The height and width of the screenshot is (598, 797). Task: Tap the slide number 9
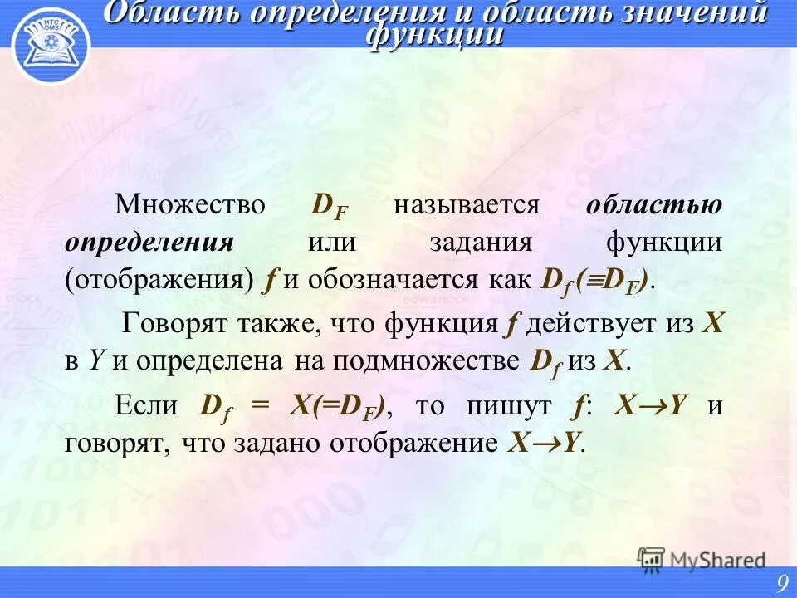coord(781,585)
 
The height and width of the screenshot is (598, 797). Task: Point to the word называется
coord(467,205)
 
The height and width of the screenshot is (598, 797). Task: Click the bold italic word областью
coord(654,205)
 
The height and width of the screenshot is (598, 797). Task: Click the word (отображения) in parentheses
coord(159,279)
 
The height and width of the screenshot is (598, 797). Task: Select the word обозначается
coord(379,279)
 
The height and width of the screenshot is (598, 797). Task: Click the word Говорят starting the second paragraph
coord(171,323)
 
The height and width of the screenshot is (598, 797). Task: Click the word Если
coord(147,405)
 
